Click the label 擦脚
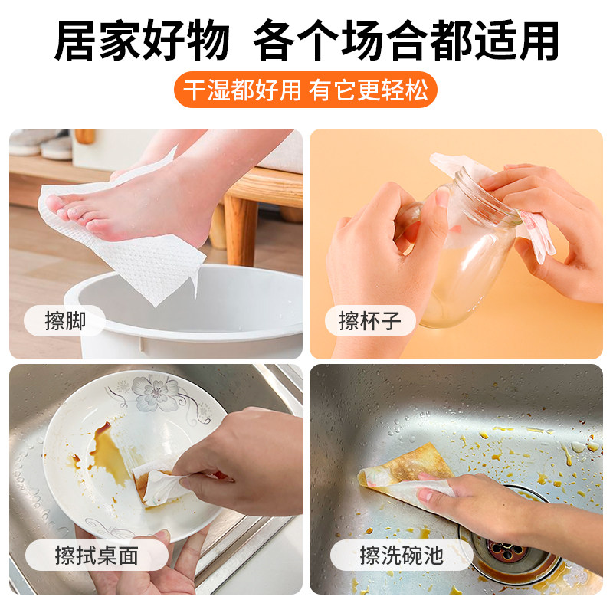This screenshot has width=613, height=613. (x=65, y=321)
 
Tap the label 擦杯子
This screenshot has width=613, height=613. (x=370, y=321)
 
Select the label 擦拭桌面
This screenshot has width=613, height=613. (x=97, y=555)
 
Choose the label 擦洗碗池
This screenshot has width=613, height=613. (x=402, y=555)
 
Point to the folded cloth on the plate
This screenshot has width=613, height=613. (x=157, y=483)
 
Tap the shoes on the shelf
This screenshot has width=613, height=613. (x=46, y=143)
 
